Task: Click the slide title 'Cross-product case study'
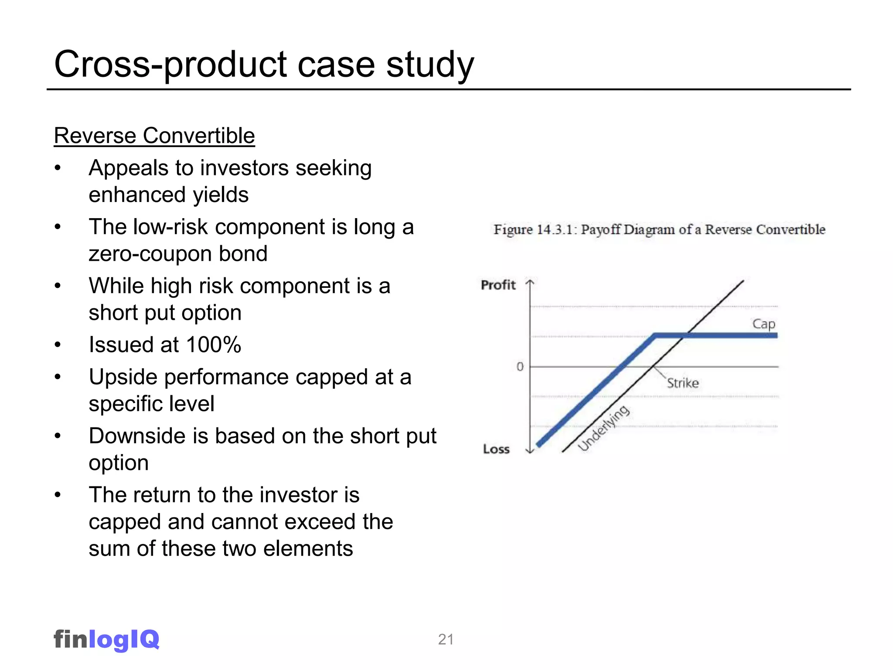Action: point(264,64)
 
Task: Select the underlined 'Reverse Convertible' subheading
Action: point(154,135)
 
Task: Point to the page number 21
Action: point(446,639)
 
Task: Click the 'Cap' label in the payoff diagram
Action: point(763,324)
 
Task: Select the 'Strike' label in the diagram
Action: point(683,383)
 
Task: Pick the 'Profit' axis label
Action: point(498,285)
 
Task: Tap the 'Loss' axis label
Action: point(496,449)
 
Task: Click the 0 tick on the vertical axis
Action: point(520,367)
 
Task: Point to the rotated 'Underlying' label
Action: point(603,428)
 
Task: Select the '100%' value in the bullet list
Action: point(213,345)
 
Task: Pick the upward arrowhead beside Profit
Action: point(530,282)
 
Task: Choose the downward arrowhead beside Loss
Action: point(530,451)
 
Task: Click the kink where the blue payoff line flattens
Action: point(655,335)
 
